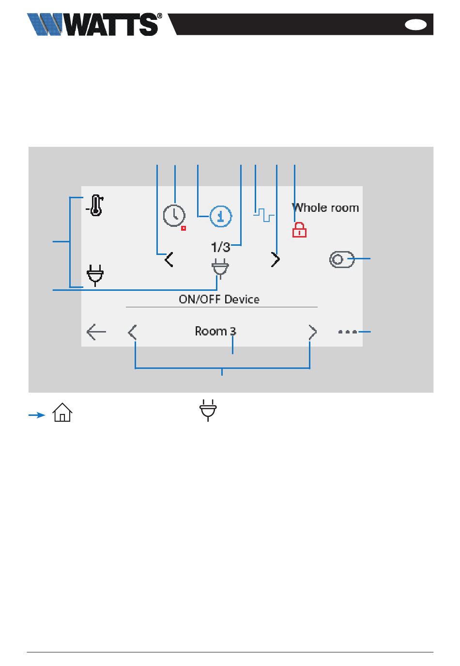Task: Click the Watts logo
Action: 94,24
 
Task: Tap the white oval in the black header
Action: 415,25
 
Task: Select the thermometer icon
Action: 95,205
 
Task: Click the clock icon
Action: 174,215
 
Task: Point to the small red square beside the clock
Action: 184,228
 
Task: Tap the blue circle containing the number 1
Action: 220,216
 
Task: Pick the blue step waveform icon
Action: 264,215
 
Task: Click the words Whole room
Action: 325,207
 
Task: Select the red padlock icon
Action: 299,230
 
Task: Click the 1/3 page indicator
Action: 220,247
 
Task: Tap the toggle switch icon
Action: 342,259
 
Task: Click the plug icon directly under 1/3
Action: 220,269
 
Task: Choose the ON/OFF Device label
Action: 219,299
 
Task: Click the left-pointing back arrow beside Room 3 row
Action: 96,332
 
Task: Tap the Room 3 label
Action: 215,331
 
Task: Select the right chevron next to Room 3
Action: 313,332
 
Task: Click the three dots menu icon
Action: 348,332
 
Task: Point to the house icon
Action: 62,412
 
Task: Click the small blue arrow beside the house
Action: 37,415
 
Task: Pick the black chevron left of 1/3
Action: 169,259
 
